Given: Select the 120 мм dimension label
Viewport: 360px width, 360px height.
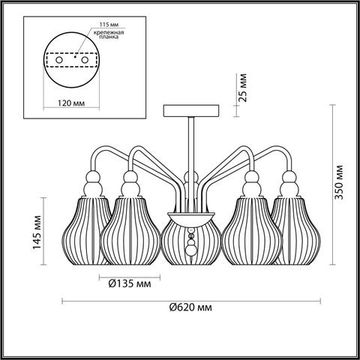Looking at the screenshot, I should [x=67, y=102].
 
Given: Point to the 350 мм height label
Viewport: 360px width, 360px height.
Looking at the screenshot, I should [x=339, y=182].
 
